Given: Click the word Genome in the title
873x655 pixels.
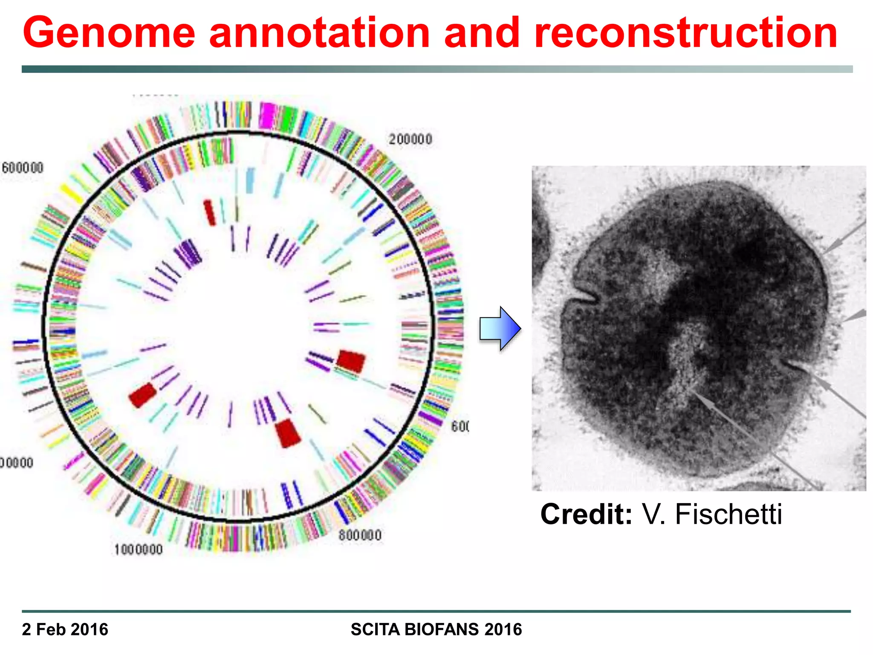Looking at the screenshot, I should coord(109,33).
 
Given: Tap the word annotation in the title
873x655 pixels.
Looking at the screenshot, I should coord(320,33).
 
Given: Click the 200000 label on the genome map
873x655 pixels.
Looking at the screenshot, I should coord(410,139).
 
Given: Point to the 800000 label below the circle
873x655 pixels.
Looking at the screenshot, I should coord(360,536).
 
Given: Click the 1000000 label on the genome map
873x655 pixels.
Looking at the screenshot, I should coord(138,550).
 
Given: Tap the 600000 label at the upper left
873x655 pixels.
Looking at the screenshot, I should coord(23,168).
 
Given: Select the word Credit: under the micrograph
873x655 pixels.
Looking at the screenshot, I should coord(586,514).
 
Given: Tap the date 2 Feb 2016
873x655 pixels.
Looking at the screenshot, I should coord(65,629).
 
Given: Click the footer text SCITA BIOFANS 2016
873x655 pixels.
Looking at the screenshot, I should coord(436,629).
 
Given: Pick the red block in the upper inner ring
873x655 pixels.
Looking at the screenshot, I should coord(209,212).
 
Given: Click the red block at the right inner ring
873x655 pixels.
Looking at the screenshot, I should coord(351,361).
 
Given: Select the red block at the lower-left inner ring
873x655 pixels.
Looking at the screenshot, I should coord(142,394).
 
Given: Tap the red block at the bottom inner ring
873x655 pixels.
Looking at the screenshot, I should coord(288,433).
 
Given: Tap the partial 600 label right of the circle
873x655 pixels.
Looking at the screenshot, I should coord(460,426).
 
